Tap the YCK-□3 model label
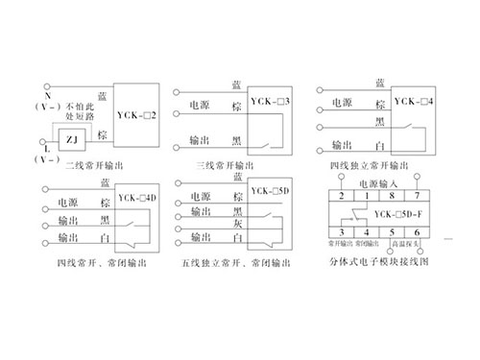coord(271,101)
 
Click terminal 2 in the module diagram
coord(340,196)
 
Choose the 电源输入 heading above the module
coord(376,182)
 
